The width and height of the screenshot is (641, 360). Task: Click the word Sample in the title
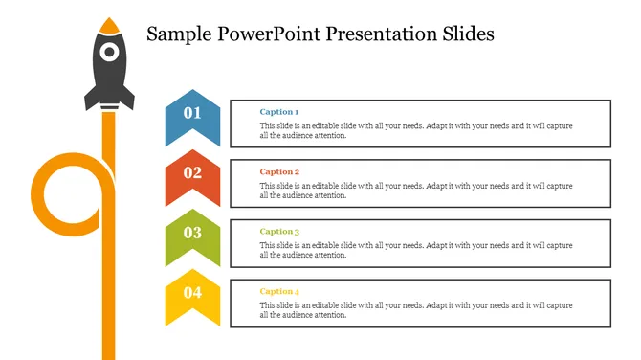(181, 34)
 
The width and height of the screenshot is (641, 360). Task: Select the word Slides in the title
(464, 34)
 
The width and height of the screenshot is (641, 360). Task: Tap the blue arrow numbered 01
(192, 116)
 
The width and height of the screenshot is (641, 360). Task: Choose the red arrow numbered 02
(192, 174)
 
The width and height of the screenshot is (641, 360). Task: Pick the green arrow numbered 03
(192, 234)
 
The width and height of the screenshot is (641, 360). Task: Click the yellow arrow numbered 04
(192, 293)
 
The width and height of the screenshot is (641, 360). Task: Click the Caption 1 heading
(279, 112)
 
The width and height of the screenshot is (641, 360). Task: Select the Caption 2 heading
(279, 171)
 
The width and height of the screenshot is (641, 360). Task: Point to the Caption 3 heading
(279, 231)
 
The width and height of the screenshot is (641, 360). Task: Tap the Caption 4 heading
(279, 291)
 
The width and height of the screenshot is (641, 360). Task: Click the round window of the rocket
(110, 51)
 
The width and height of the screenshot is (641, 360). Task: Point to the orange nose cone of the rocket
(110, 23)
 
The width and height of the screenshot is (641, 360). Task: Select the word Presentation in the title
(377, 34)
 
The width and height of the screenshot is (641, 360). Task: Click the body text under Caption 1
(416, 130)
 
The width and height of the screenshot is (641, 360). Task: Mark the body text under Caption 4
(416, 309)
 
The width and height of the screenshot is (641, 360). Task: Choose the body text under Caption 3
(416, 250)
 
